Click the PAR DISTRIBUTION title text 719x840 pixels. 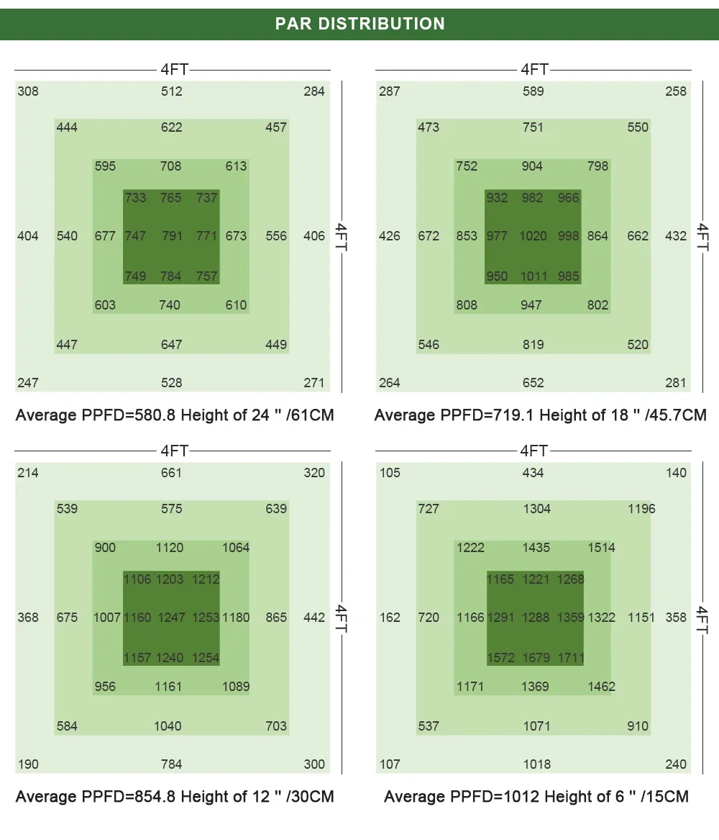(359, 24)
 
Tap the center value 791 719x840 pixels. (172, 236)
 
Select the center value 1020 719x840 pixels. (533, 236)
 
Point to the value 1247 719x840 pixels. (171, 618)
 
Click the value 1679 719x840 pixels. (536, 658)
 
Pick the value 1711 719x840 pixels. (570, 658)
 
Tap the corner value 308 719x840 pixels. (28, 91)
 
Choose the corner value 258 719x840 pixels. (676, 91)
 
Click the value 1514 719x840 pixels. (601, 548)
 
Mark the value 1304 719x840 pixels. (536, 509)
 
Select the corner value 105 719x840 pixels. (390, 473)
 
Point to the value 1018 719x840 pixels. (536, 764)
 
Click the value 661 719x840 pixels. (172, 473)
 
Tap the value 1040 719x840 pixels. (168, 726)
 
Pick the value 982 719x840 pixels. (532, 198)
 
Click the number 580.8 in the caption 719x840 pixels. (156, 415)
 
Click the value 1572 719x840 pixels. (500, 658)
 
